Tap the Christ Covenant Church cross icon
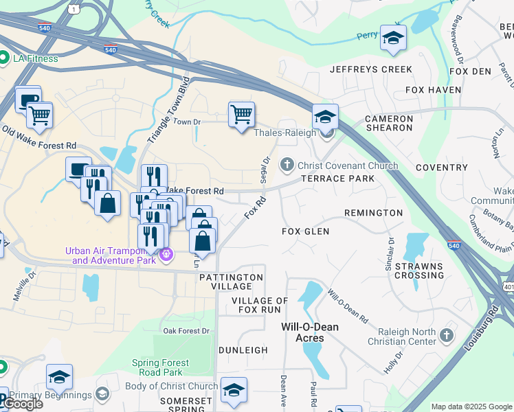(287, 165)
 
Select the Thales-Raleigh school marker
(325, 116)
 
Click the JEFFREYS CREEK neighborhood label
(371, 69)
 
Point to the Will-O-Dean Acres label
(310, 332)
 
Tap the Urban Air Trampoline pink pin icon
(166, 255)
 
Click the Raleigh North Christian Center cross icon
(447, 336)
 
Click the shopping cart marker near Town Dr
(241, 115)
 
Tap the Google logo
(23, 404)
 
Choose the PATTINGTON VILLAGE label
(231, 282)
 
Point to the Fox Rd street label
(255, 209)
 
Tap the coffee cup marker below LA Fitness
(28, 99)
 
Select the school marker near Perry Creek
(393, 38)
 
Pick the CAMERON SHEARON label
(389, 123)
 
